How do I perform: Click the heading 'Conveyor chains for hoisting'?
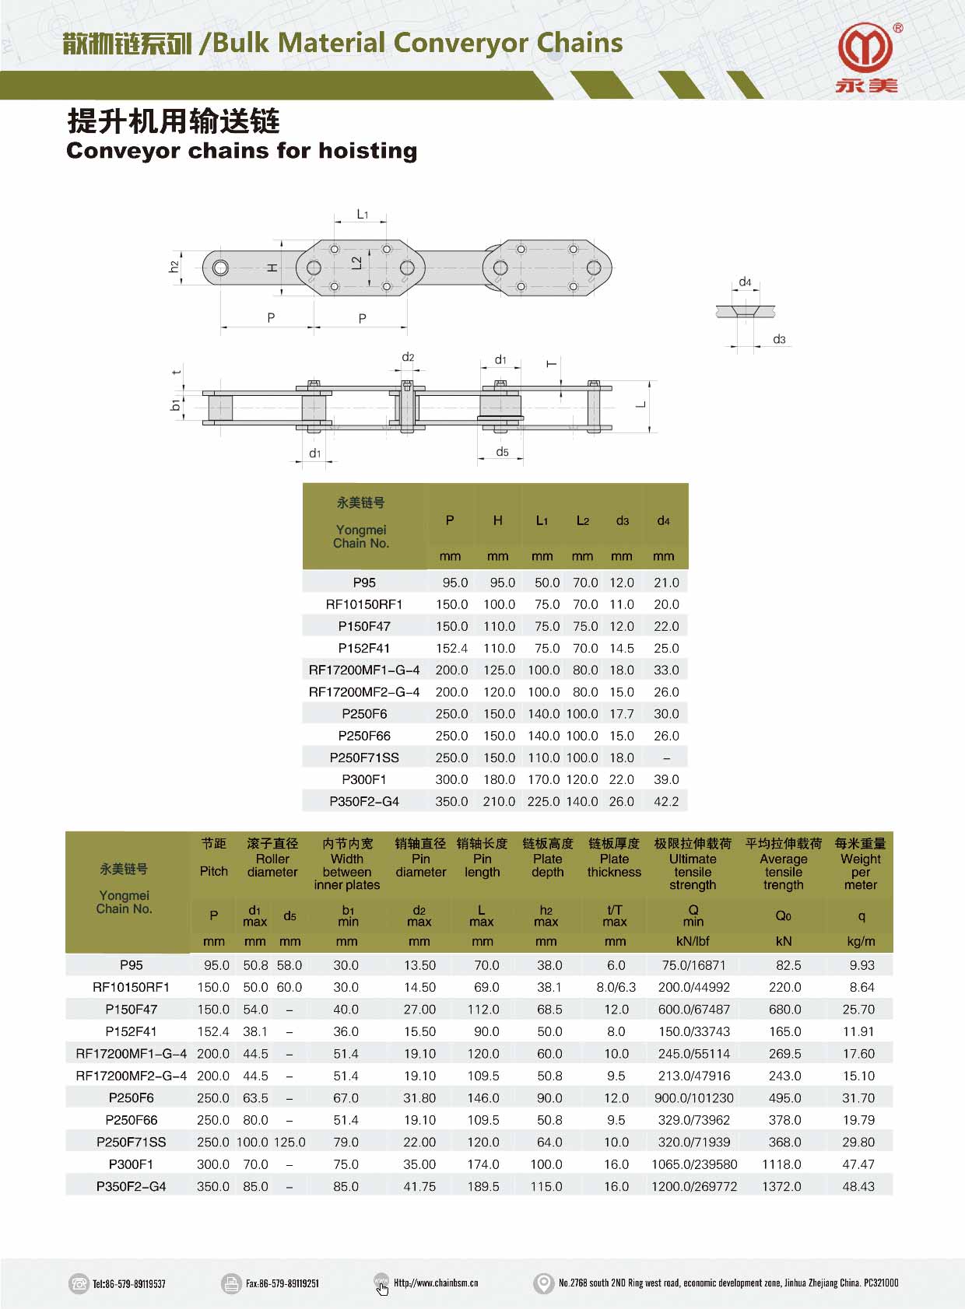241,151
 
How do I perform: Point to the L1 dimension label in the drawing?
362,214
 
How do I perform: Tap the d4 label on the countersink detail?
745,282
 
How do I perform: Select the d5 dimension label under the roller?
502,452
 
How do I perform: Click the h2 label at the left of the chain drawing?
174,267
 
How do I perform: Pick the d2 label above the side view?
408,357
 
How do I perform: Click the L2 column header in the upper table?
582,520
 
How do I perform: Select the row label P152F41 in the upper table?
363,648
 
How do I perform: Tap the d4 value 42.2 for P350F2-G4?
666,801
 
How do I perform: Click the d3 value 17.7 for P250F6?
622,713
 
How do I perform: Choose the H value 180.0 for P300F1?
499,779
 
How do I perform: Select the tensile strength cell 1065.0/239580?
693,1164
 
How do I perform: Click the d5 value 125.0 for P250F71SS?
289,1142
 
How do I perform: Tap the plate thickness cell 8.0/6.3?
616,987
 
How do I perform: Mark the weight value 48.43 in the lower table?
858,1186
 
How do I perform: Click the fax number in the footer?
282,1283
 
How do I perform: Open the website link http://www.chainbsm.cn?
435,1283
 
